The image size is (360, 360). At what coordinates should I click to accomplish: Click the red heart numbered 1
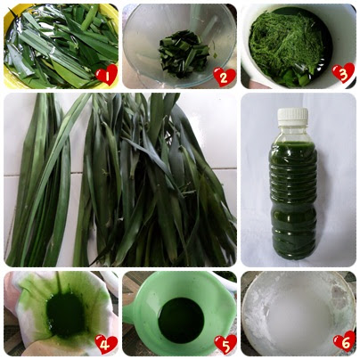[106, 75]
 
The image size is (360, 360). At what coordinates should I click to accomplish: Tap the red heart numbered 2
[225, 77]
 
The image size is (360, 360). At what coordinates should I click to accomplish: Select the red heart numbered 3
[343, 73]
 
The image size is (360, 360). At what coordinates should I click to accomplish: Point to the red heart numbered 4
[106, 344]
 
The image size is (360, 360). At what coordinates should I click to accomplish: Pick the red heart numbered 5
[225, 344]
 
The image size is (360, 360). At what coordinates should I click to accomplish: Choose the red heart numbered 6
[345, 341]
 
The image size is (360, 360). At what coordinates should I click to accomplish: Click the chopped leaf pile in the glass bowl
[184, 53]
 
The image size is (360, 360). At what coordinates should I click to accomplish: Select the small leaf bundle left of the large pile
[42, 178]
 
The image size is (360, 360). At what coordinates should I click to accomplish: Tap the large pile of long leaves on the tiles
[154, 178]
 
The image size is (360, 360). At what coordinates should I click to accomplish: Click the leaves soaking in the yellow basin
[61, 47]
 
